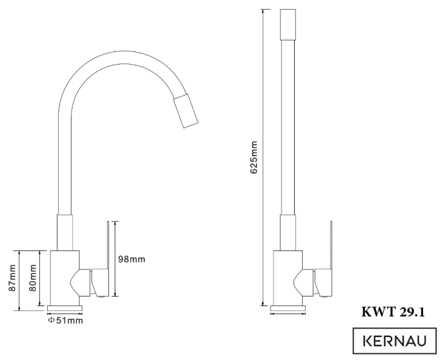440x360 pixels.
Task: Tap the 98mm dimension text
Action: point(131,259)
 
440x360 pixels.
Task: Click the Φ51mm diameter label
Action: point(65,320)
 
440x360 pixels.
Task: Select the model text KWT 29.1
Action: point(394,312)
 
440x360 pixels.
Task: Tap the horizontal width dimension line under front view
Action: point(287,314)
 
